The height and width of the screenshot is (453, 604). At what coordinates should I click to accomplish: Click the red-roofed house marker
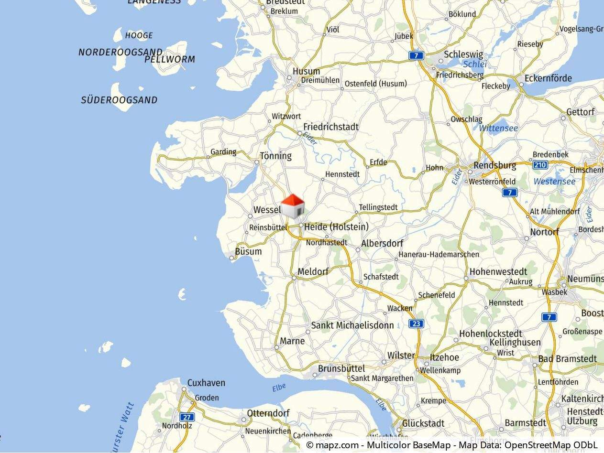[x=293, y=206]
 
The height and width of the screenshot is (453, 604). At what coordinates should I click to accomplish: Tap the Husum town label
[x=306, y=72]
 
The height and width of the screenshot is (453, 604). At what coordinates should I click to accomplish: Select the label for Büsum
[x=248, y=251]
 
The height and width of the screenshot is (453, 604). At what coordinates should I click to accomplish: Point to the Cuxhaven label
[x=206, y=383]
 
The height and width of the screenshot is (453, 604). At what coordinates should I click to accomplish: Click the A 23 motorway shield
[x=416, y=324]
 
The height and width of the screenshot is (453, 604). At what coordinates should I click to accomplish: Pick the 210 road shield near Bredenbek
[x=540, y=165]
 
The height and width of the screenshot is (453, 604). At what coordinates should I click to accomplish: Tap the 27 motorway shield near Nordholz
[x=187, y=417]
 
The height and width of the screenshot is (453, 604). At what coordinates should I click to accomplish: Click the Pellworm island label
[x=170, y=60]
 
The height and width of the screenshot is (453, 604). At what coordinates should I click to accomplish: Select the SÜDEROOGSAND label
[x=119, y=100]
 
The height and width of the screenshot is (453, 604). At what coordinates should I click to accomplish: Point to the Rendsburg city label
[x=494, y=165]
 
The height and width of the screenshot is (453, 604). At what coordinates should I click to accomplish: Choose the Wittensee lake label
[x=498, y=129]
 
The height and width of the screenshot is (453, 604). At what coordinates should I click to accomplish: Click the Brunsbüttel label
[x=341, y=368]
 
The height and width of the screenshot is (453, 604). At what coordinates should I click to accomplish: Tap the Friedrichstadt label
[x=331, y=127]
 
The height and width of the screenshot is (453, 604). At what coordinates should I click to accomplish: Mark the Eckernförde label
[x=548, y=78]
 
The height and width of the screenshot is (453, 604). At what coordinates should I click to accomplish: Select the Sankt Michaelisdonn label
[x=352, y=325]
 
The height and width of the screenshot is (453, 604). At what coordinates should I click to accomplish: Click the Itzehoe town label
[x=444, y=357]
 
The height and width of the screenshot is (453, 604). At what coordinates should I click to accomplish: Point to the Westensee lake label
[x=554, y=182]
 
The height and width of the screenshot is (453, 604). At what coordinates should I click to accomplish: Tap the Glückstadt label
[x=423, y=423]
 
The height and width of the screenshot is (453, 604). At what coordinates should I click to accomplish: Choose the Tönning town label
[x=275, y=156]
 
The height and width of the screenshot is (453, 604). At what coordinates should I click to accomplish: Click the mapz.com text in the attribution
[x=337, y=445]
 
